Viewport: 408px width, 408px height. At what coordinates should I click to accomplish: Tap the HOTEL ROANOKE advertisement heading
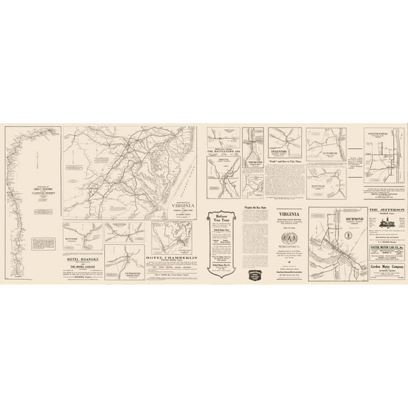point(82,260)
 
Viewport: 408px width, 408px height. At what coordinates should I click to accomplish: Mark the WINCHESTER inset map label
point(253,158)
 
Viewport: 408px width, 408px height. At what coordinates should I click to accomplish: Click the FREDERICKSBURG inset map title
point(382,133)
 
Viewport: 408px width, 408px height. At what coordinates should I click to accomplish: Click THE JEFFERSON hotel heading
point(386,210)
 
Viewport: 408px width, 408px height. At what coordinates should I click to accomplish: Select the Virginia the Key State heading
point(254,208)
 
